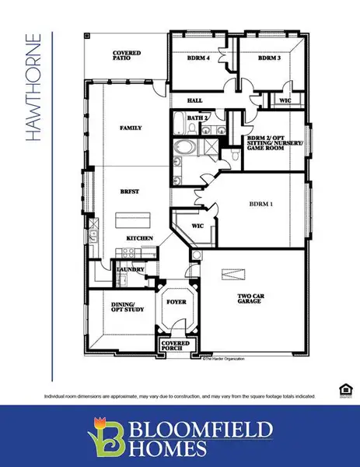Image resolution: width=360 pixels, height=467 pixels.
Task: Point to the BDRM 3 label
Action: (x=268, y=58)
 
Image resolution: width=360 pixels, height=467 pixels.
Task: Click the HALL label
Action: (x=196, y=100)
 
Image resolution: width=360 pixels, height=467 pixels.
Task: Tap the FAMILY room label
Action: (x=130, y=127)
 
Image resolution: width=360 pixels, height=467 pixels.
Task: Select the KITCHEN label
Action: (x=140, y=237)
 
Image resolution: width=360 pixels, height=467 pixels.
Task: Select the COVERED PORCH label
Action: (x=173, y=345)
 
